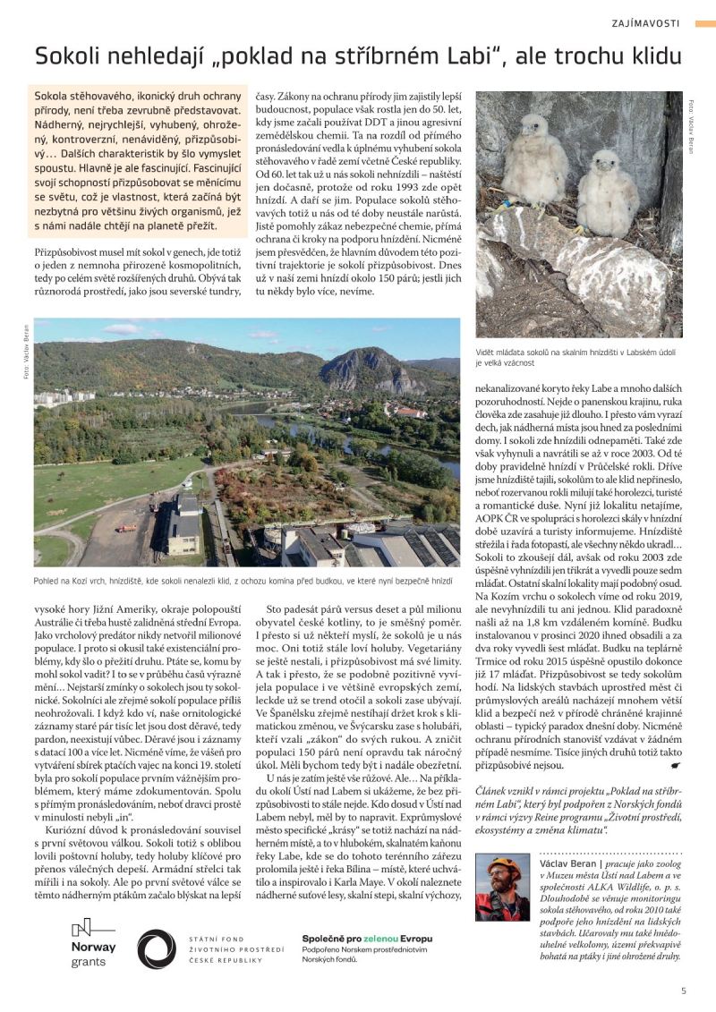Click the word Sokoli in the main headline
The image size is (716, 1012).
68,56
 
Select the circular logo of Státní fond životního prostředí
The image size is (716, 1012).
157,948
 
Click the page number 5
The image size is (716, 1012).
683,990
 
